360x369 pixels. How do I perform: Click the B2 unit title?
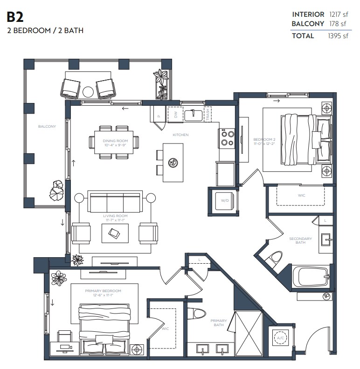pyautogui.click(x=15, y=18)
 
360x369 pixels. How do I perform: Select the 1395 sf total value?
pyautogui.click(x=338, y=36)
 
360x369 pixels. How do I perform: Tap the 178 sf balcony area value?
pyautogui.click(x=338, y=23)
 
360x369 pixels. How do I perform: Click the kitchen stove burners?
pyautogui.click(x=227, y=138)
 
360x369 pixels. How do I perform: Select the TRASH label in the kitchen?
pyautogui.click(x=208, y=114)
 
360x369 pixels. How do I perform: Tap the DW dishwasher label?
pyautogui.click(x=176, y=114)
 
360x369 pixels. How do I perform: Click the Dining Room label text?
pyautogui.click(x=115, y=141)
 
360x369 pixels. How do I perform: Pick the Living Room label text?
pyautogui.click(x=115, y=216)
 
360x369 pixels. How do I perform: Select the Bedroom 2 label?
pyautogui.click(x=264, y=140)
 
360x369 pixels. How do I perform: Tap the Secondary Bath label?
pyautogui.click(x=300, y=240)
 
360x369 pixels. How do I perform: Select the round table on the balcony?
pyautogui.click(x=88, y=91)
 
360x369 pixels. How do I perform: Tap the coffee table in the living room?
pyautogui.click(x=115, y=232)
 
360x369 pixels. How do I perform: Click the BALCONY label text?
pyautogui.click(x=47, y=126)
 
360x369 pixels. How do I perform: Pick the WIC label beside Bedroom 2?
pyautogui.click(x=301, y=195)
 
